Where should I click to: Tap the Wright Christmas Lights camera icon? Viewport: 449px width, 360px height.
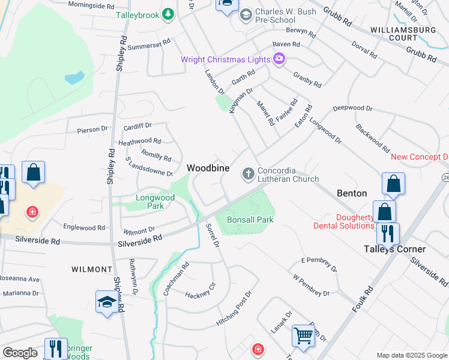(x=279, y=58)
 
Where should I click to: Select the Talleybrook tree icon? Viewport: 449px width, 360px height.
(x=169, y=13)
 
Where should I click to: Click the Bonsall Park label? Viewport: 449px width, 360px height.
(x=251, y=220)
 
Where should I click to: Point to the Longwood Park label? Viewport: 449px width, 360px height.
(x=155, y=202)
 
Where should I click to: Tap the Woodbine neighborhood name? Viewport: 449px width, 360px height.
(x=208, y=169)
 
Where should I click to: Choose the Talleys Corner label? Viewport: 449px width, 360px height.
(x=395, y=249)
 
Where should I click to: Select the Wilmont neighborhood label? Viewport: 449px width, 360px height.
(x=92, y=269)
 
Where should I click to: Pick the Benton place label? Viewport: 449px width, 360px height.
(x=352, y=193)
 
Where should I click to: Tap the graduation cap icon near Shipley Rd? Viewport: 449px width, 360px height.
(x=106, y=302)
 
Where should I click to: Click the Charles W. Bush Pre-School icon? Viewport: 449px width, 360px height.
(x=246, y=14)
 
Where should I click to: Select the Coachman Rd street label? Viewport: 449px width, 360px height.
(x=176, y=279)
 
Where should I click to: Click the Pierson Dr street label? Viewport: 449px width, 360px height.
(x=92, y=130)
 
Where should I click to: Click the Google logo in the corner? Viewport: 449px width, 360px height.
(x=20, y=353)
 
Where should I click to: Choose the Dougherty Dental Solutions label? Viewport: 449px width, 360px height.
(x=343, y=221)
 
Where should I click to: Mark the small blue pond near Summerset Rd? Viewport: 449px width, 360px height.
(x=74, y=78)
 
